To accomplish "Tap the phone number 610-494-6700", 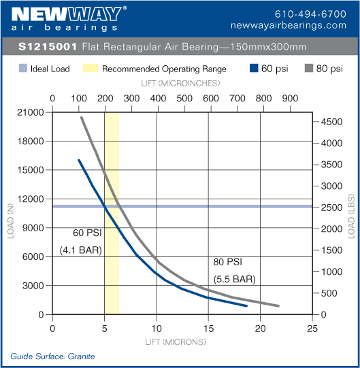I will pyautogui.click(x=310, y=14).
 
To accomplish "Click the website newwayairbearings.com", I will pyautogui.click(x=298, y=25).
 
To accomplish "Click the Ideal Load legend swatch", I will pyautogui.click(x=23, y=69).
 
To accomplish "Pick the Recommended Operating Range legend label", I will pyautogui.click(x=164, y=69).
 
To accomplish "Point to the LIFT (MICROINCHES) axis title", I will pyautogui.click(x=182, y=83).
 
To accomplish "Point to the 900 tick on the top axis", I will pyautogui.click(x=290, y=98).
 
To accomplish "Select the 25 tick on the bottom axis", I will pyautogui.click(x=312, y=328).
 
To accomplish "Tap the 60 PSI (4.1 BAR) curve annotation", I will pyautogui.click(x=80, y=241).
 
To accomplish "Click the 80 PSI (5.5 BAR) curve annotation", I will pyautogui.click(x=233, y=269).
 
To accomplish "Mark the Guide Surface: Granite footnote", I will pyautogui.click(x=52, y=356).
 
